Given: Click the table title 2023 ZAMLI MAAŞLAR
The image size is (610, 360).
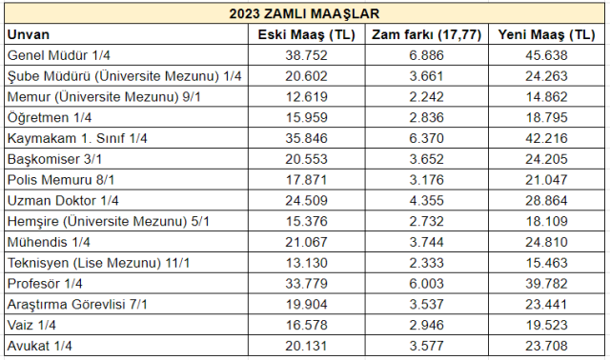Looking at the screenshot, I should tap(305, 13).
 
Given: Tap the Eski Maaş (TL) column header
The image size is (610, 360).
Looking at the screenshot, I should tap(307, 34).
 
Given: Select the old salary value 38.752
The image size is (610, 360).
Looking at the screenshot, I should tap(307, 55).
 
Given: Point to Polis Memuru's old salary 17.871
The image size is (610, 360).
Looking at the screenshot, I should tap(307, 180).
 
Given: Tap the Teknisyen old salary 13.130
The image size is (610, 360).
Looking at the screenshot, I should tap(307, 263).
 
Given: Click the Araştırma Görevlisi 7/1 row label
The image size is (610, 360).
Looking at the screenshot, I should tap(79, 304).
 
